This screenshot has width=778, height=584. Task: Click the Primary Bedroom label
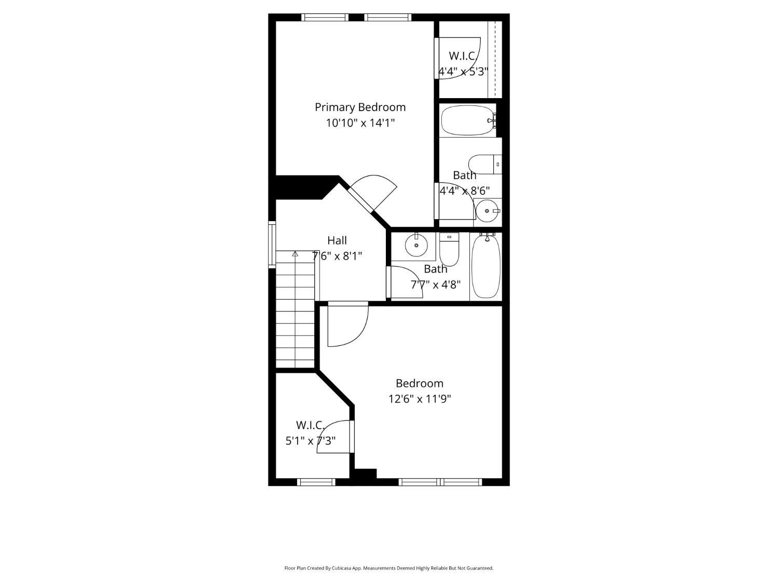pyautogui.click(x=360, y=107)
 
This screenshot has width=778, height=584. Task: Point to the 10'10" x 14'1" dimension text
pyautogui.click(x=360, y=123)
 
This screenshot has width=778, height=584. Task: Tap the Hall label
pyautogui.click(x=337, y=240)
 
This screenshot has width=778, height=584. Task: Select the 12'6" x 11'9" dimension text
pyautogui.click(x=419, y=399)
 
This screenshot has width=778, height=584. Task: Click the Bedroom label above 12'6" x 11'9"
pyautogui.click(x=419, y=383)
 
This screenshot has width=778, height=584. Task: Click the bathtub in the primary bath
pyautogui.click(x=468, y=120)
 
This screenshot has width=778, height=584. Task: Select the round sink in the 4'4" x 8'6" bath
pyautogui.click(x=487, y=211)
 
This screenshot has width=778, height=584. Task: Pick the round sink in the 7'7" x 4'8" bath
pyautogui.click(x=416, y=245)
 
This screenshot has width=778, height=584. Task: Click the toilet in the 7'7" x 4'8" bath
pyautogui.click(x=449, y=249)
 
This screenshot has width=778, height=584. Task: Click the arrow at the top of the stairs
pyautogui.click(x=295, y=253)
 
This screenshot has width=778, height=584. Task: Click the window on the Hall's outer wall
pyautogui.click(x=272, y=245)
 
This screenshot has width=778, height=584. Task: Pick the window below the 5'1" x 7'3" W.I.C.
pyautogui.click(x=316, y=482)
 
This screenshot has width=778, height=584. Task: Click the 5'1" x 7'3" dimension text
pyautogui.click(x=311, y=441)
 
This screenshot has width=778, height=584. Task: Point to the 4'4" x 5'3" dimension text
pyautogui.click(x=463, y=72)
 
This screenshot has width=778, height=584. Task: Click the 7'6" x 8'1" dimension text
pyautogui.click(x=337, y=255)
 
